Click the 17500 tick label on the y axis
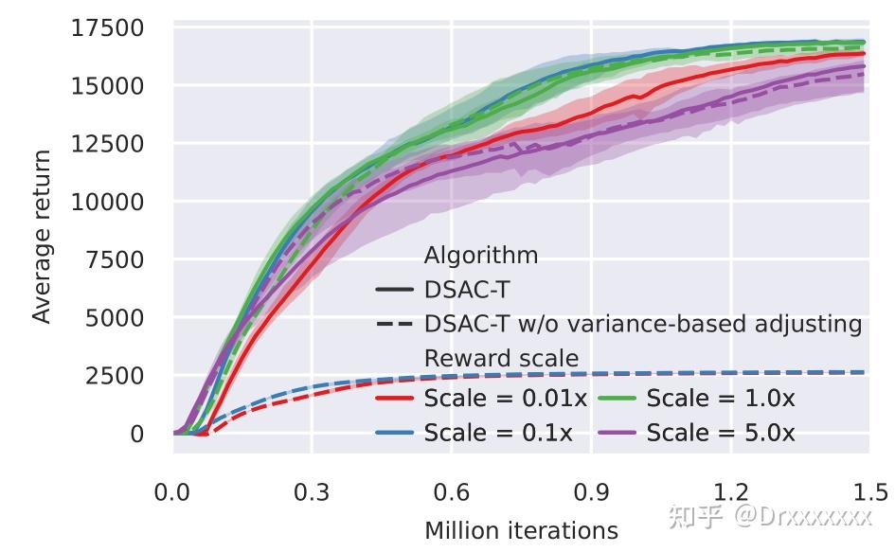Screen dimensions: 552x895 click(x=107, y=28)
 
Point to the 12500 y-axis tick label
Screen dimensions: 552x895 click(x=107, y=144)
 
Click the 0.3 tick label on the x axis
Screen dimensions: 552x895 click(x=312, y=492)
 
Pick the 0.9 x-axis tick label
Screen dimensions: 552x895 click(x=590, y=492)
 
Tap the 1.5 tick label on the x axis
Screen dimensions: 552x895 click(x=868, y=492)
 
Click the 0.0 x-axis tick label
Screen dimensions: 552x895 click(x=172, y=492)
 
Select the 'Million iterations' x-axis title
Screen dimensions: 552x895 click(x=521, y=530)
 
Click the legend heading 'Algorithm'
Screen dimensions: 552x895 click(x=481, y=256)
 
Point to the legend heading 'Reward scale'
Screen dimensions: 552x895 click(x=501, y=359)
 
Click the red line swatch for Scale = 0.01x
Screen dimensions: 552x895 click(x=394, y=399)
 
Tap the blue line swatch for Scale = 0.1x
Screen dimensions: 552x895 click(x=394, y=434)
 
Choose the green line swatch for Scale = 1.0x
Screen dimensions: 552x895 click(x=617, y=399)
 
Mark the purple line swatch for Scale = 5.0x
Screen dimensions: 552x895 click(x=617, y=434)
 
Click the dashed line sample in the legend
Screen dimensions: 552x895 click(x=394, y=325)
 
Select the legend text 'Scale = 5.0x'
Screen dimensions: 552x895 click(x=721, y=434)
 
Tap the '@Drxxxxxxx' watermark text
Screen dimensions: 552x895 click(x=802, y=516)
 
